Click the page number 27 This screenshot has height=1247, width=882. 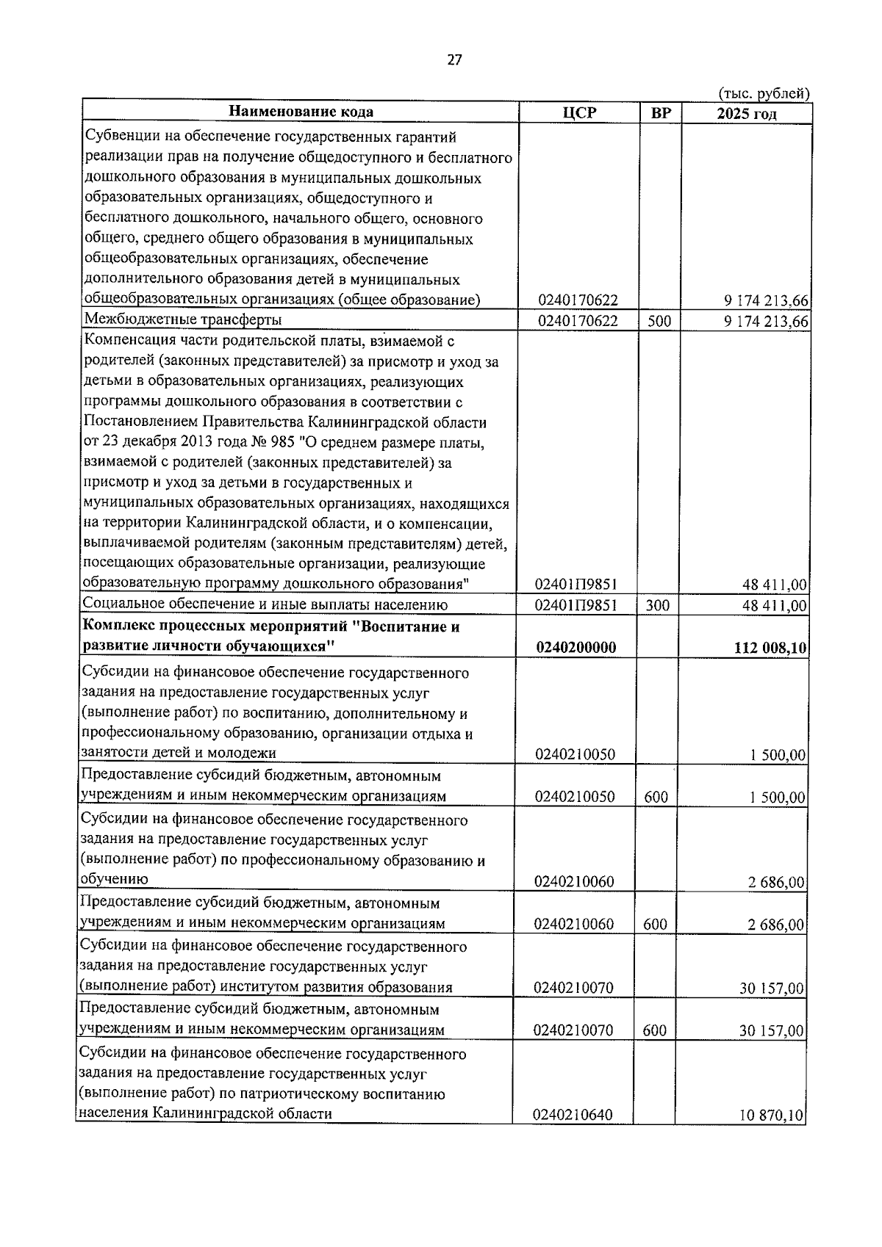tap(454, 60)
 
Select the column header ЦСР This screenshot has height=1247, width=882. tap(579, 112)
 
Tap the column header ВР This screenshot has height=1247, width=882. tap(661, 112)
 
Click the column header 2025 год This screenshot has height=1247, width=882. tap(747, 113)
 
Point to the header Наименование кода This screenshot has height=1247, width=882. tap(301, 112)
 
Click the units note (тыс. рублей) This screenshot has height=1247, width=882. tap(764, 93)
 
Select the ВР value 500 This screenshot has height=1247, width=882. tap(659, 321)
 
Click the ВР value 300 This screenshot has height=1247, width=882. tap(659, 606)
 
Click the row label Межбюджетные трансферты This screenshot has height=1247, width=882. tap(183, 319)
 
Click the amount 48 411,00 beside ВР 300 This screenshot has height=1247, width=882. tap(774, 607)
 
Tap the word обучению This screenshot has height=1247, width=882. tap(114, 880)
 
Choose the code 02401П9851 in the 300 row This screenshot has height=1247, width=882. tap(576, 606)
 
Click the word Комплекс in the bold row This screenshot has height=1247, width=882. tap(118, 626)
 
